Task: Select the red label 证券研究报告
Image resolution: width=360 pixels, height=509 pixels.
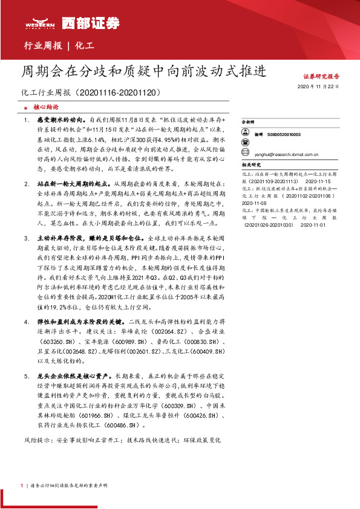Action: (321, 77)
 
